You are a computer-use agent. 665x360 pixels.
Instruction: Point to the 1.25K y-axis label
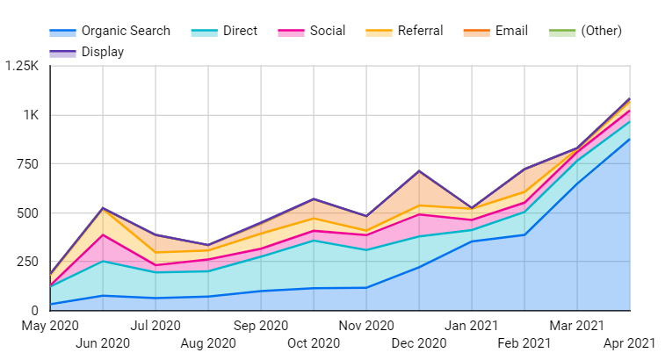click(x=21, y=67)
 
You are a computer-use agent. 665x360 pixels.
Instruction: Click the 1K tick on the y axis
click(x=31, y=115)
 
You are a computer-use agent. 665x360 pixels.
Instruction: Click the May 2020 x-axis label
click(x=50, y=325)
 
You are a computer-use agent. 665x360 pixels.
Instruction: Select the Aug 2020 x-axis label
click(x=208, y=342)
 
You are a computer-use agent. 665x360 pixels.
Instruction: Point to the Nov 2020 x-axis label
click(x=366, y=325)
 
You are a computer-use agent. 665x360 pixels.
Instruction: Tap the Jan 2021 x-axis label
click(x=472, y=325)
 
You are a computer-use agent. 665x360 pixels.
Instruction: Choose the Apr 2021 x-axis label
click(x=629, y=342)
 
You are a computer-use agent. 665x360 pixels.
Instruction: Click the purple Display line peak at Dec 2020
click(x=419, y=171)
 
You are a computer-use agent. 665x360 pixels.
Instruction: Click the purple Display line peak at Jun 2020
click(x=103, y=208)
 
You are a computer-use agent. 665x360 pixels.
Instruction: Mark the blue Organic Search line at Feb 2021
click(x=524, y=234)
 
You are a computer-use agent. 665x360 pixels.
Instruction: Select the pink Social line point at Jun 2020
click(x=103, y=234)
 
